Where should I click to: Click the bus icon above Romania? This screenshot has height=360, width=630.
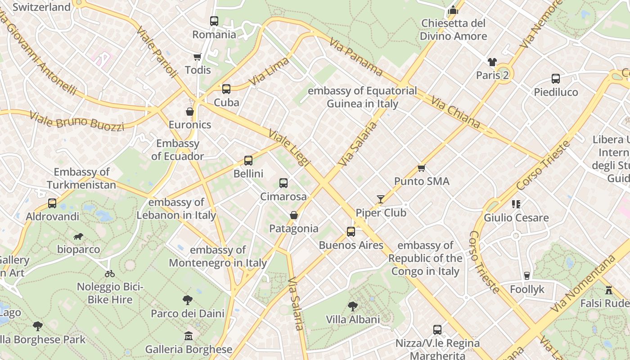coord(214,21)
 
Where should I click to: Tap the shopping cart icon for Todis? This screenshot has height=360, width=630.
coord(197,57)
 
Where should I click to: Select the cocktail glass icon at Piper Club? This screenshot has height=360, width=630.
coord(381,199)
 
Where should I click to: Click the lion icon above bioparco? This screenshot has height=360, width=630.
coord(78,236)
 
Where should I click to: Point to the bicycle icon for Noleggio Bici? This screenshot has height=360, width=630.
coord(110,273)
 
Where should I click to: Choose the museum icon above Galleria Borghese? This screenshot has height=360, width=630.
coord(189,336)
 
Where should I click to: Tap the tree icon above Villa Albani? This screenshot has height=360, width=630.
coord(353,306)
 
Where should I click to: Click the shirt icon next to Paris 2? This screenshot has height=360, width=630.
coord(492,62)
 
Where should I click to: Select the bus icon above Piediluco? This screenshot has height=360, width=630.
coord(556,79)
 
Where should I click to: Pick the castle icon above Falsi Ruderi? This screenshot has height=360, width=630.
coord(609,290)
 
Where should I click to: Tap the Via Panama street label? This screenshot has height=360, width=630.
coord(356,56)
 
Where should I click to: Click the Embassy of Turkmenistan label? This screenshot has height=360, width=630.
coord(81,178)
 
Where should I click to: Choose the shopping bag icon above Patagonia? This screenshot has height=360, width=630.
coord(294,215)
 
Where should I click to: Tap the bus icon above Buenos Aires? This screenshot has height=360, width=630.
coord(351,232)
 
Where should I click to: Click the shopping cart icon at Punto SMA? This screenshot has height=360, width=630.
coord(421,168)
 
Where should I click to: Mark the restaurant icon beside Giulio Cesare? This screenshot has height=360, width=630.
coord(516,204)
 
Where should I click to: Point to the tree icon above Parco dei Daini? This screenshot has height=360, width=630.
coord(188,300)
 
